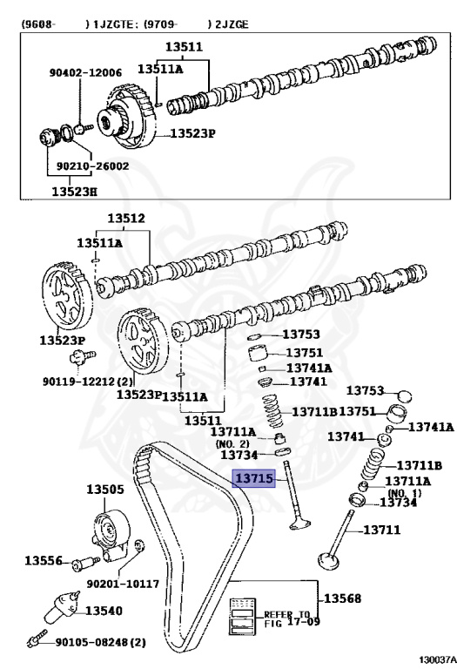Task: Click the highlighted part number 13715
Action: [x=253, y=478]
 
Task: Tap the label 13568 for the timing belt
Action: [x=342, y=598]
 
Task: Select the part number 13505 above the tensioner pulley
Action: [x=104, y=489]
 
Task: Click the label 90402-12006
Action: [x=85, y=72]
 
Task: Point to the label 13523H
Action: [x=75, y=191]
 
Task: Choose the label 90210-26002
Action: [x=92, y=166]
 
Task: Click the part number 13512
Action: [x=126, y=218]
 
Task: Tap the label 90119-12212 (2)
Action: [x=87, y=381]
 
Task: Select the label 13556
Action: [x=44, y=560]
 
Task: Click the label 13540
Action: [x=104, y=611]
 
